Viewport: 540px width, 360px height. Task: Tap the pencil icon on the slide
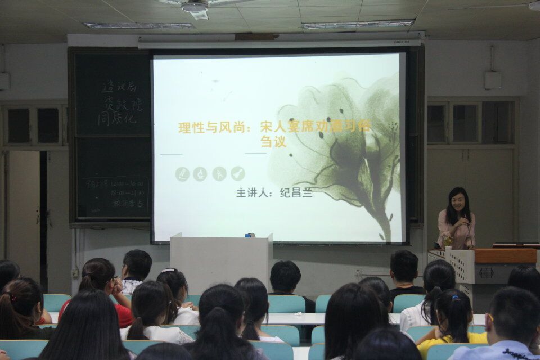point(182,174)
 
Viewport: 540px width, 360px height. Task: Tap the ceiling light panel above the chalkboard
point(139,25)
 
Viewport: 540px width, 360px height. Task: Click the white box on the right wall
point(493,80)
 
